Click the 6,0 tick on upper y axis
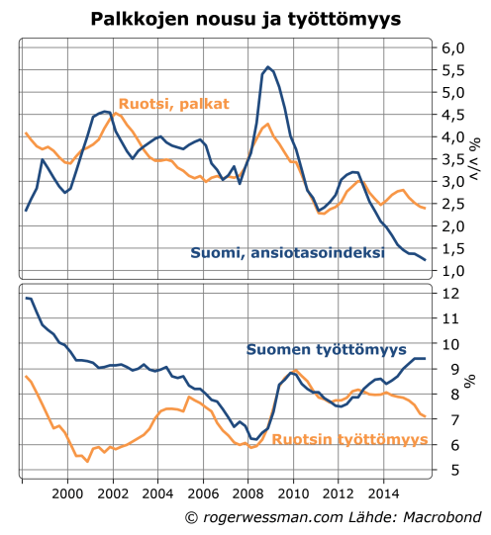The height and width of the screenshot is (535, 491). (452, 48)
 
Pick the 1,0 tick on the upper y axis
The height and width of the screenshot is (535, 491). (452, 270)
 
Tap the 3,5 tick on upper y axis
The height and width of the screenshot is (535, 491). (452, 159)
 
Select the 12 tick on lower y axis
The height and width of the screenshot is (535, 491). (449, 294)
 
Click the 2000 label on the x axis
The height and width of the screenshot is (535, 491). (67, 492)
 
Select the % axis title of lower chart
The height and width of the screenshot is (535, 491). (471, 382)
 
